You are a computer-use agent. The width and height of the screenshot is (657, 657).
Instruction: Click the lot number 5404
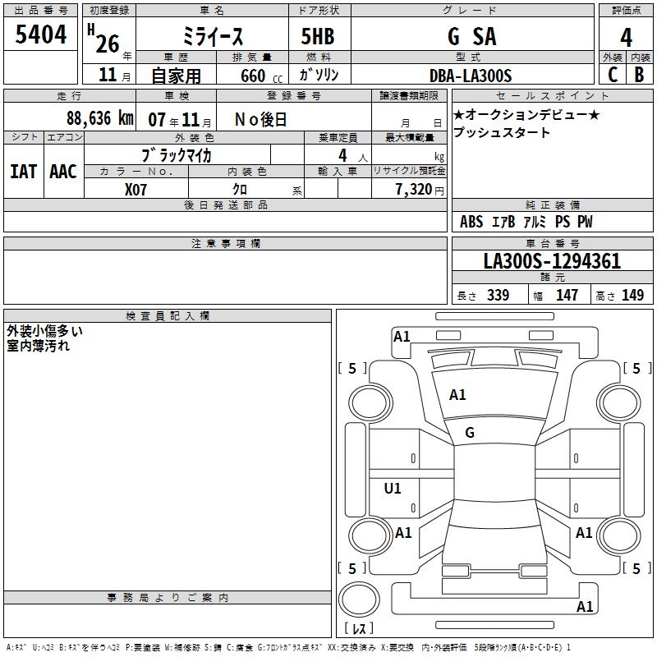coord(40,34)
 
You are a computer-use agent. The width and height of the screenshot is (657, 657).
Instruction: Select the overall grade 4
coord(626,37)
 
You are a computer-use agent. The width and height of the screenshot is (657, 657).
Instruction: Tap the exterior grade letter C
coord(613,75)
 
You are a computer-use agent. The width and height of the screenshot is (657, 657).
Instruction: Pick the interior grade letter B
coord(639,75)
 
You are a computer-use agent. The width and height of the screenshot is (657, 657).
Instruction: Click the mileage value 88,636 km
coord(100,118)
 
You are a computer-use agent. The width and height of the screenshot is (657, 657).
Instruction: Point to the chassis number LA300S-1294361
coord(552,261)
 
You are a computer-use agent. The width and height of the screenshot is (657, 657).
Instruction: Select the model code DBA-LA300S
coord(471,76)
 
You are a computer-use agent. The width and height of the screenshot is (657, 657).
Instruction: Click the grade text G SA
coord(471,36)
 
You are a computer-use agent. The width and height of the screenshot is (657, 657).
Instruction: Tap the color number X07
coord(136,190)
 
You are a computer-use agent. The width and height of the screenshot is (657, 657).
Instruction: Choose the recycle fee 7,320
coord(414,190)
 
